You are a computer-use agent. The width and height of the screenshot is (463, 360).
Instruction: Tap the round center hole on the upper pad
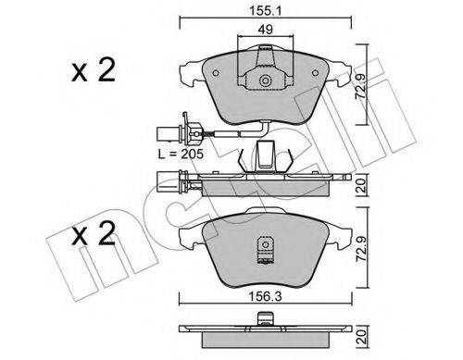[x=266, y=81]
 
